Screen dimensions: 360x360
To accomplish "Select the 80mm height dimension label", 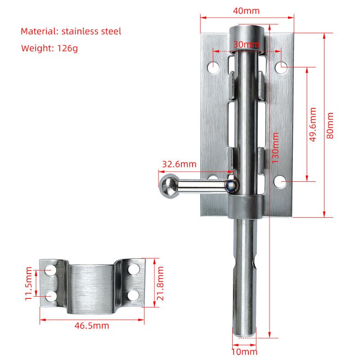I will click(331, 125).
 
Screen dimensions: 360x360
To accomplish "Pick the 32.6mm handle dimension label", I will click(179, 164).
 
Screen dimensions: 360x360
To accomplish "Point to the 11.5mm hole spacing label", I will click(29, 283).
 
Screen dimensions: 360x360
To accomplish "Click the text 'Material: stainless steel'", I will click(71, 31).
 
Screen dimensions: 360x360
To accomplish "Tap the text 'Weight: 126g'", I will click(49, 48).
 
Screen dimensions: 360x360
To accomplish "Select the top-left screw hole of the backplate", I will click(214, 67).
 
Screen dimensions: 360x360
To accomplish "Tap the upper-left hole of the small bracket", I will click(51, 270).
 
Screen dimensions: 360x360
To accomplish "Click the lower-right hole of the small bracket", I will click(133, 295).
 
